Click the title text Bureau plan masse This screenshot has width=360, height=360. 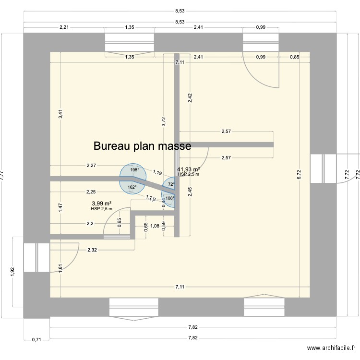pos(143,145)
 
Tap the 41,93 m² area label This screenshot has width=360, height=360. pos(188,169)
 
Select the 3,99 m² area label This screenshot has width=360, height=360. pos(101,204)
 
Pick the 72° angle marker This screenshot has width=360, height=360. pos(171,184)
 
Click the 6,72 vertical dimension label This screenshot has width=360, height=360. pos(300,176)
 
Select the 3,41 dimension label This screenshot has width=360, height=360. pos(60,114)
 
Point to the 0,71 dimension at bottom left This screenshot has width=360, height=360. pos(36,340)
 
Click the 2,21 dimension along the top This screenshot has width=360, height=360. pos(64,27)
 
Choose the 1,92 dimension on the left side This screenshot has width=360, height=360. pos(13,271)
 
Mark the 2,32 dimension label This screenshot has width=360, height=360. pos(92,250)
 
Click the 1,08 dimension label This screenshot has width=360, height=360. pos(155,226)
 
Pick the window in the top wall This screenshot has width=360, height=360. pos(130,42)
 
